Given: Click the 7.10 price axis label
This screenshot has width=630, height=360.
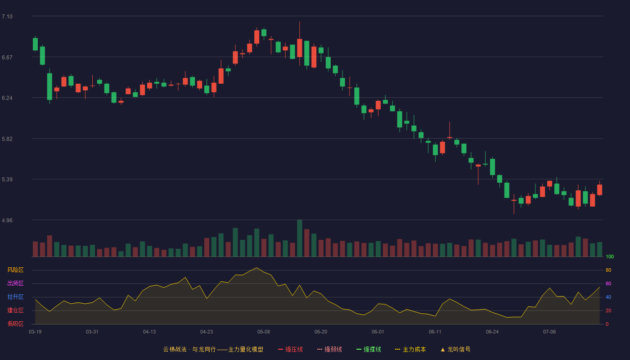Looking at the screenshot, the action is coord(7,17).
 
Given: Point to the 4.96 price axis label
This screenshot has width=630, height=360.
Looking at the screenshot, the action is coord(7,220).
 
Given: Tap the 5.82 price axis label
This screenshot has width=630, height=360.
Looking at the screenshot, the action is coord(7,139).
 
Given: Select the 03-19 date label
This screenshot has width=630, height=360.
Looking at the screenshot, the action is coord(35,332).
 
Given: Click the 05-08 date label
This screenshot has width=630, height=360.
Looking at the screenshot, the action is coord(264,332).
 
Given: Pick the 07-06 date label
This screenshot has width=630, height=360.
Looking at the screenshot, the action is coord(549,332).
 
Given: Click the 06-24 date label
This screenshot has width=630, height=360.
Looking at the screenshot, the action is coord(492,332).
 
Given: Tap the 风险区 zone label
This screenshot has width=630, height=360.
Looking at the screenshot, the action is coord(15,270).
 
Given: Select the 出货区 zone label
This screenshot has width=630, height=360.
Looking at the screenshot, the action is coord(15,283).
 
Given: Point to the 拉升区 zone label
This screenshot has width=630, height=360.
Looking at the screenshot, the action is coord(15,297).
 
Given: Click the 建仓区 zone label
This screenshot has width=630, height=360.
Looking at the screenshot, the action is coord(15,310).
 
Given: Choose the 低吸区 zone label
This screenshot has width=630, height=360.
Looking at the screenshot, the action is coord(15,324).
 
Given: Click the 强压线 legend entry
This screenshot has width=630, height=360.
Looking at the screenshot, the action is coord(290,349).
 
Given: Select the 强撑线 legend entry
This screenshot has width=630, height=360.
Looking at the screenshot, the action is coord(369,349).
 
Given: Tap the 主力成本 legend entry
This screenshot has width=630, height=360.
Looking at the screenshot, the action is coord(410,349).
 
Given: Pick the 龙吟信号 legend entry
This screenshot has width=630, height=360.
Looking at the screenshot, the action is coord(455,349).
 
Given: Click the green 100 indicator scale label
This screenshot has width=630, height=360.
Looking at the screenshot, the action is coord(610,256).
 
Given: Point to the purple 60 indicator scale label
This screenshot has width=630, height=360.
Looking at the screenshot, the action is coord(608,283).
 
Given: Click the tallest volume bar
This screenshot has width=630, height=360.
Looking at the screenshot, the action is coord(300,238).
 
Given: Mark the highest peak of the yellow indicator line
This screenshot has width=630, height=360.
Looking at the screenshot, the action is coord(256,268).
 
